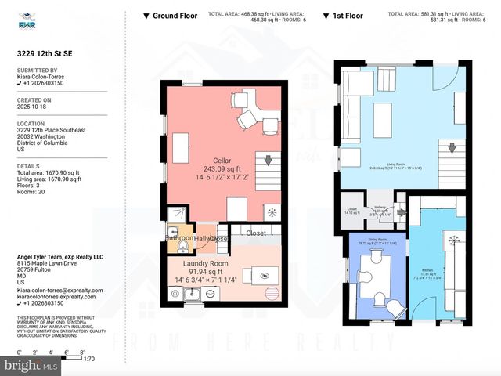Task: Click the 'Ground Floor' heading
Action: (175, 16)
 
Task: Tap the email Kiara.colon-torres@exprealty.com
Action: (60, 291)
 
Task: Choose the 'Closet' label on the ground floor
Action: (255, 233)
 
